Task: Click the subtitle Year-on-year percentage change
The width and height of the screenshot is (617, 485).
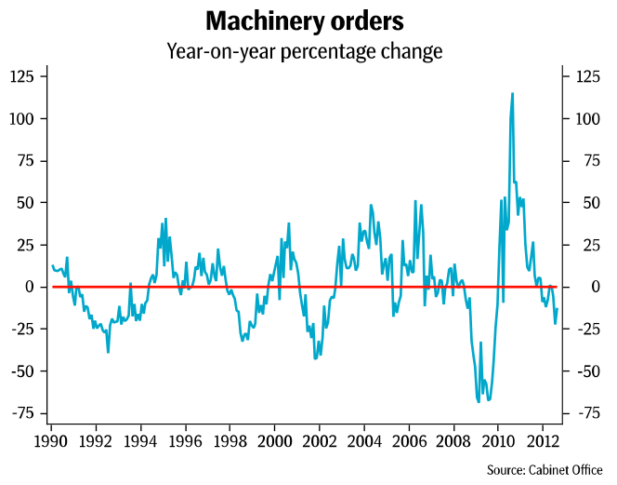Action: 304,51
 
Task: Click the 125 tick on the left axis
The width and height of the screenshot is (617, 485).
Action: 25,76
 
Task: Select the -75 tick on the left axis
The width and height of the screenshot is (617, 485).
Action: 25,413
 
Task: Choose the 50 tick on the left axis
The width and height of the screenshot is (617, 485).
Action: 29,203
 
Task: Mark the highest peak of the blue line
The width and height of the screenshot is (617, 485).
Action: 512,93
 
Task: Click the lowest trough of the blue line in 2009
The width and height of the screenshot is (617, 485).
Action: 479,401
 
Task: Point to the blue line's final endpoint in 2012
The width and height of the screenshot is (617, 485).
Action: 558,309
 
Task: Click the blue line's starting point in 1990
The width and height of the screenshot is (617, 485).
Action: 53,266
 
